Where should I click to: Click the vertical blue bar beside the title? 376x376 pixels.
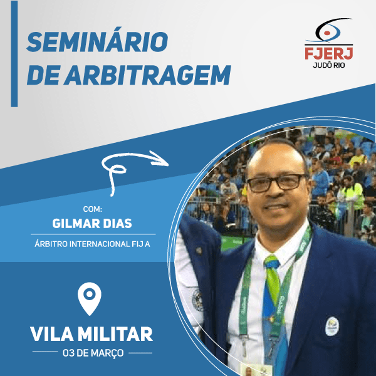14,63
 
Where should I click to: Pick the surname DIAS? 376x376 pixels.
122,224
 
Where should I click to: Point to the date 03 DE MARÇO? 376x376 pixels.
92,353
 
